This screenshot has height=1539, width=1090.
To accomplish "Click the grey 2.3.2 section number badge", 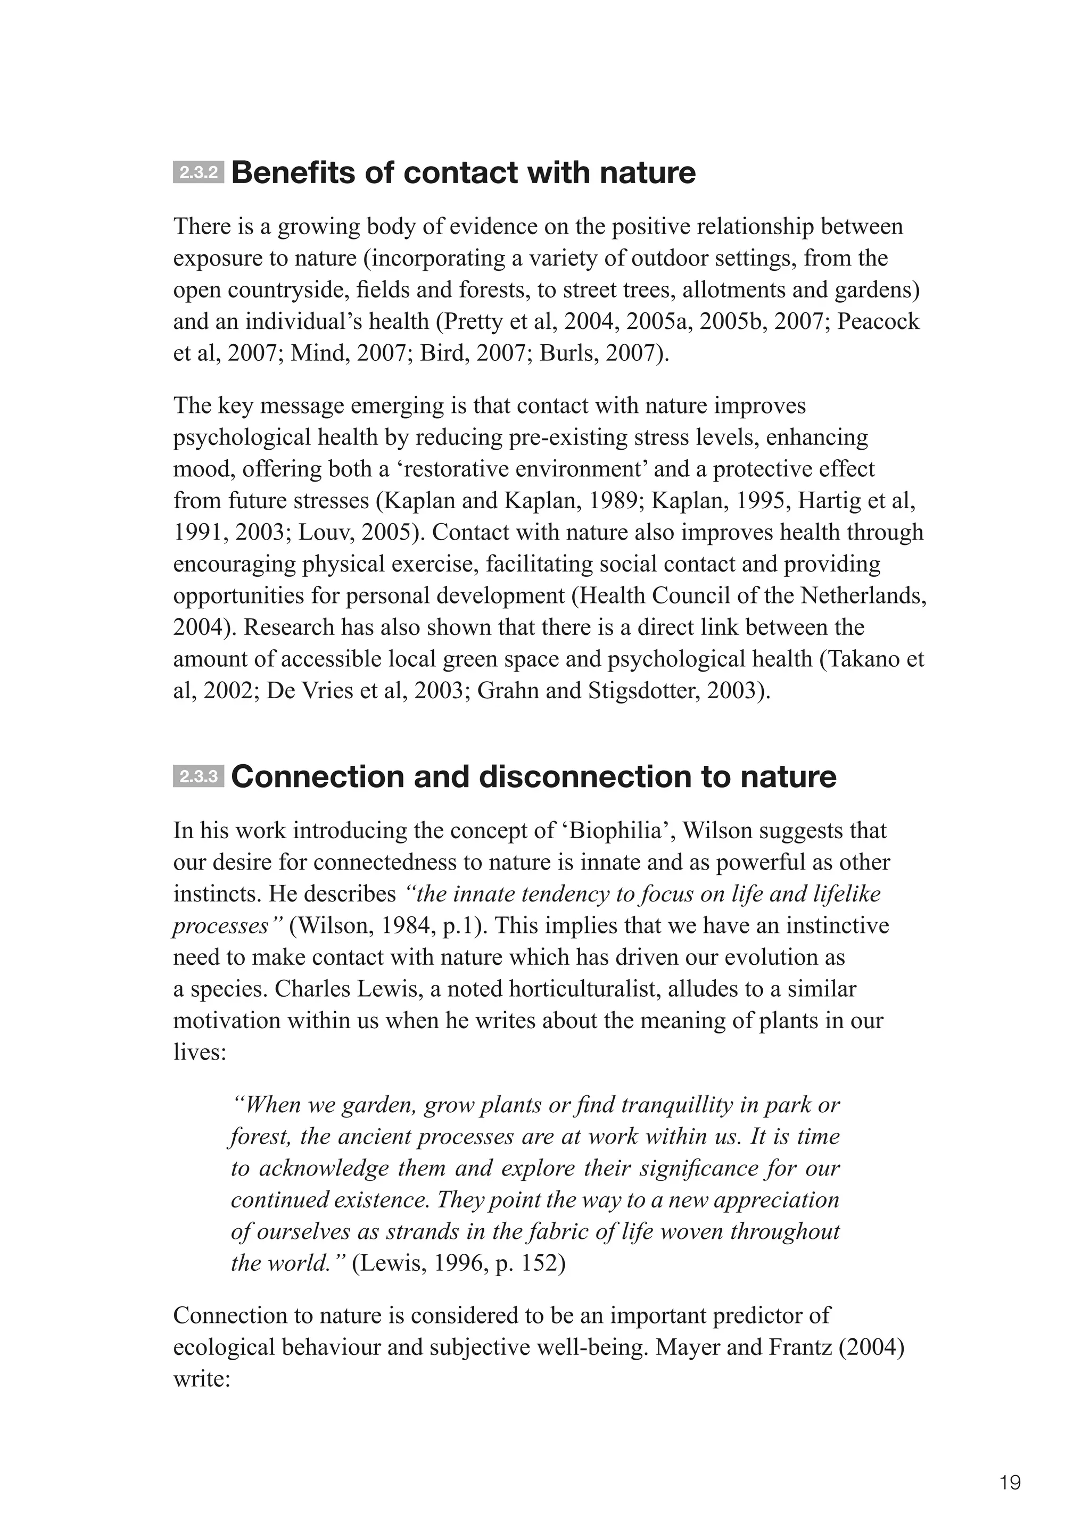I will (x=198, y=173).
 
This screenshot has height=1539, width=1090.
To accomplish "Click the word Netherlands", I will (x=863, y=596).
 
